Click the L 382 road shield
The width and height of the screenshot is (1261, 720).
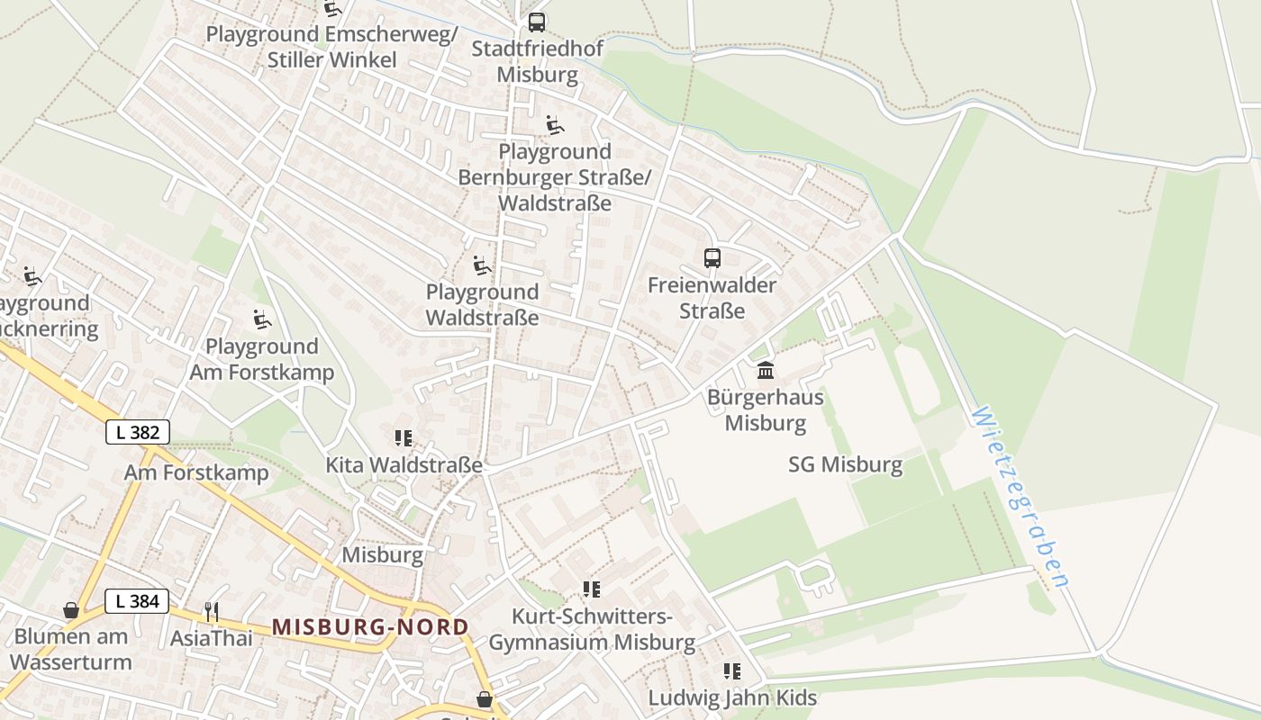pyautogui.click(x=138, y=432)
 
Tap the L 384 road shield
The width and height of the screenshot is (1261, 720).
pyautogui.click(x=137, y=601)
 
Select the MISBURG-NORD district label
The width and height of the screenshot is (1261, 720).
pyautogui.click(x=370, y=626)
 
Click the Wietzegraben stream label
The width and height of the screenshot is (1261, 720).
pyautogui.click(x=1020, y=497)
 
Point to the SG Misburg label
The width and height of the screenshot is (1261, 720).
pyautogui.click(x=845, y=464)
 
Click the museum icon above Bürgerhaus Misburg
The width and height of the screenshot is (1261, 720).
pyautogui.click(x=766, y=370)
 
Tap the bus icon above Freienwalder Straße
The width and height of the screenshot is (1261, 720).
pyautogui.click(x=712, y=258)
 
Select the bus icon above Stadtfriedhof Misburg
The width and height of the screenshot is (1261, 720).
pyautogui.click(x=537, y=22)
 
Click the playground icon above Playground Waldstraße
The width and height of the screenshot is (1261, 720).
pyautogui.click(x=482, y=265)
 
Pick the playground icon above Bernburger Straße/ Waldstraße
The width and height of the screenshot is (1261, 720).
pyautogui.click(x=555, y=125)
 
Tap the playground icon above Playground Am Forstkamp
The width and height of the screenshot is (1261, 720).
pyautogui.click(x=261, y=319)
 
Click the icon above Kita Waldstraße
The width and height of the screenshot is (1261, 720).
pyautogui.click(x=404, y=438)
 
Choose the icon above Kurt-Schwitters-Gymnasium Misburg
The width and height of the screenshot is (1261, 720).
pyautogui.click(x=592, y=589)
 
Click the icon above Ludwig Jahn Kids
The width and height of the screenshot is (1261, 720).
pyautogui.click(x=732, y=671)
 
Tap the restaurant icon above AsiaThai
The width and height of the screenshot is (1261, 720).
pyautogui.click(x=212, y=612)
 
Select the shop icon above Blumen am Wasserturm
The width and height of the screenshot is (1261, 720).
pyautogui.click(x=71, y=611)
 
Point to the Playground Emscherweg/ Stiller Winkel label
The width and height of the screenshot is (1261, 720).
pyautogui.click(x=331, y=47)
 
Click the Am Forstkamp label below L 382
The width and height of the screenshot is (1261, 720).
pyautogui.click(x=196, y=472)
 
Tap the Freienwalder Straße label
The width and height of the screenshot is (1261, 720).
pyautogui.click(x=712, y=298)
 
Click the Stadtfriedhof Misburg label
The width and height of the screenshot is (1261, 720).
pyautogui.click(x=537, y=61)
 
